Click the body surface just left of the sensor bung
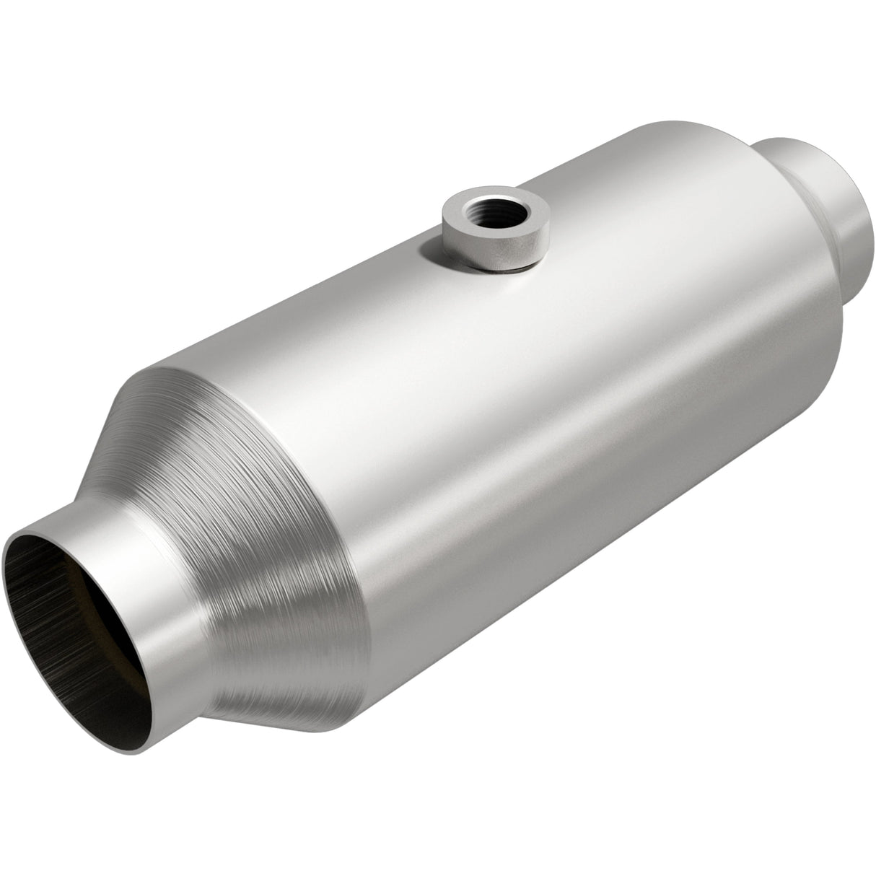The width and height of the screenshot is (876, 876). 404,267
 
